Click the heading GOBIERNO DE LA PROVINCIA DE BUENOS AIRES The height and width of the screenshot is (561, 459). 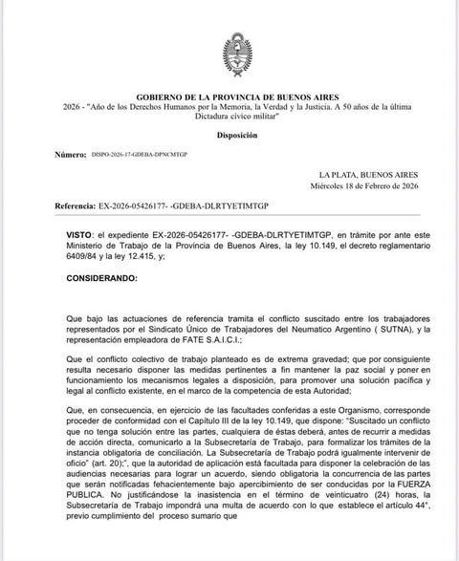point(230,97)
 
